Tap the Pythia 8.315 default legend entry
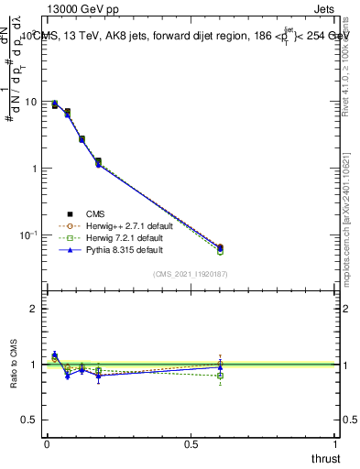pos(111,250)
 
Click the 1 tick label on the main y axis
pos(31,169)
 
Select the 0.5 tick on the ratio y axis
pos(28,420)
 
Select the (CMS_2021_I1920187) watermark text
pos(191,274)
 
